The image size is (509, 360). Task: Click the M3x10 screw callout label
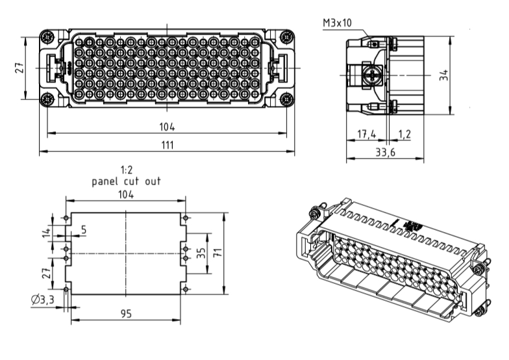point(338,23)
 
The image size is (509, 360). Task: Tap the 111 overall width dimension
point(168,145)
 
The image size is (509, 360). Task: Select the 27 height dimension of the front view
point(19,68)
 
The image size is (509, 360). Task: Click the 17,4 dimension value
point(366,134)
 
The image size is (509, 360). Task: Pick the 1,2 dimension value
point(404,134)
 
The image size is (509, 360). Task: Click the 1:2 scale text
point(126,171)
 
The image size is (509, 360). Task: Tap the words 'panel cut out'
point(126,181)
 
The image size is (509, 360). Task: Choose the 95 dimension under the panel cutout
point(126,314)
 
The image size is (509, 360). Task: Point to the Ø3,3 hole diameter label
point(43,299)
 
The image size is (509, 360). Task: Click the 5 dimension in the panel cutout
point(83,229)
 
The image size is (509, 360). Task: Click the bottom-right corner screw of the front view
point(286,99)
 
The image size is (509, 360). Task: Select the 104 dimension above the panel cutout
point(126,195)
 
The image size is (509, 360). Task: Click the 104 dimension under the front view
point(168,127)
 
